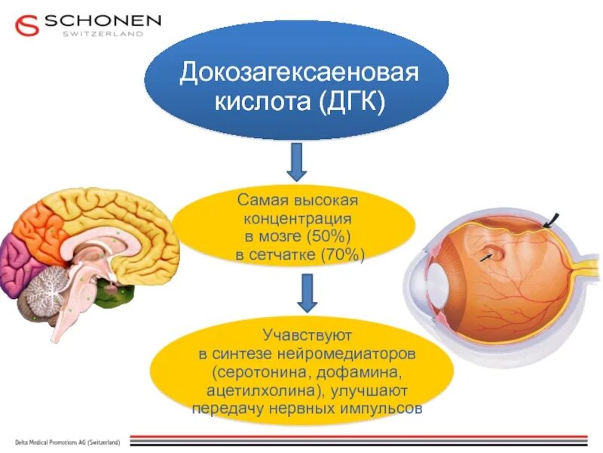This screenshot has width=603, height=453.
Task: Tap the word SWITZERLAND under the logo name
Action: point(103,34)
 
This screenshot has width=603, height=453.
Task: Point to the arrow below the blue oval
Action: point(297,162)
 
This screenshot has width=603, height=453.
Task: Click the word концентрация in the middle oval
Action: point(297,219)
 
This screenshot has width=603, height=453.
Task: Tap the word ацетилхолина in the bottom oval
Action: point(256,391)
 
